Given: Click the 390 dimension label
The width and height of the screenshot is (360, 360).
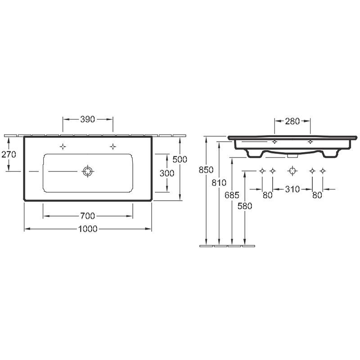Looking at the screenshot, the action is coord(87,119).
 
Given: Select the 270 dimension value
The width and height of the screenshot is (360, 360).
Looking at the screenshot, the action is coord(9,154).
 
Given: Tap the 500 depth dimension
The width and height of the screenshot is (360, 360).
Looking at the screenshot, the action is coord(180,159).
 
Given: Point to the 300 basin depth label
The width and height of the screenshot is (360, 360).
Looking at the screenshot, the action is coord(167,173).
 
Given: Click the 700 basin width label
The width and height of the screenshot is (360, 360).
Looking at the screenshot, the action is coord(87,216).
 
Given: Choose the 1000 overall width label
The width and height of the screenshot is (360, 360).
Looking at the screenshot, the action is coord(88,229).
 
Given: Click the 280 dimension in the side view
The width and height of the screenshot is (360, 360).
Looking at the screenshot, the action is coord(292,121).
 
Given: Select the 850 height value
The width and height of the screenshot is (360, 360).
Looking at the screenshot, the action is coord(206,170).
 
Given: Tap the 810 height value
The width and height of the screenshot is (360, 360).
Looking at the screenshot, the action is coord(219,183).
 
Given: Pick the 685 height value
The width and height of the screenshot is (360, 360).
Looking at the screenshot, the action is coord(232,195).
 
